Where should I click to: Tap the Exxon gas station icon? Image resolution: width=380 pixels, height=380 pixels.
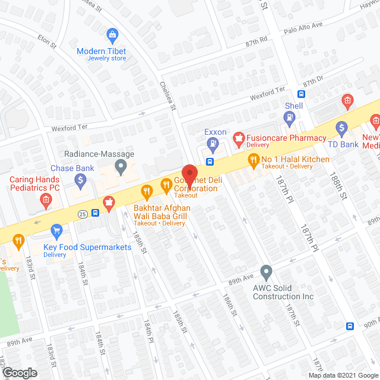(212, 142)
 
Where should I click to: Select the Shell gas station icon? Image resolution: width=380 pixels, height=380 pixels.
(289, 118)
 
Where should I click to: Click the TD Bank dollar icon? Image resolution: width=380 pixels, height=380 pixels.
(341, 127)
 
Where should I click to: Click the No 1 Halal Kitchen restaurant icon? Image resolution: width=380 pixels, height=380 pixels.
(254, 159)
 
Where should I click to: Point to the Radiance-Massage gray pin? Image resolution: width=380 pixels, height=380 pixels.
(121, 166)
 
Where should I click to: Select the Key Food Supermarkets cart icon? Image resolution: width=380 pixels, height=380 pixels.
(57, 230)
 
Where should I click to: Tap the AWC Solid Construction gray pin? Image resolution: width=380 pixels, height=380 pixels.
(267, 273)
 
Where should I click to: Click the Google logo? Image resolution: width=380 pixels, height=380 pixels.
(19, 372)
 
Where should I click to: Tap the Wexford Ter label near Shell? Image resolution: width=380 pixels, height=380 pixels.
(266, 90)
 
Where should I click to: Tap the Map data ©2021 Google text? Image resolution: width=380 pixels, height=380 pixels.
(342, 375)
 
